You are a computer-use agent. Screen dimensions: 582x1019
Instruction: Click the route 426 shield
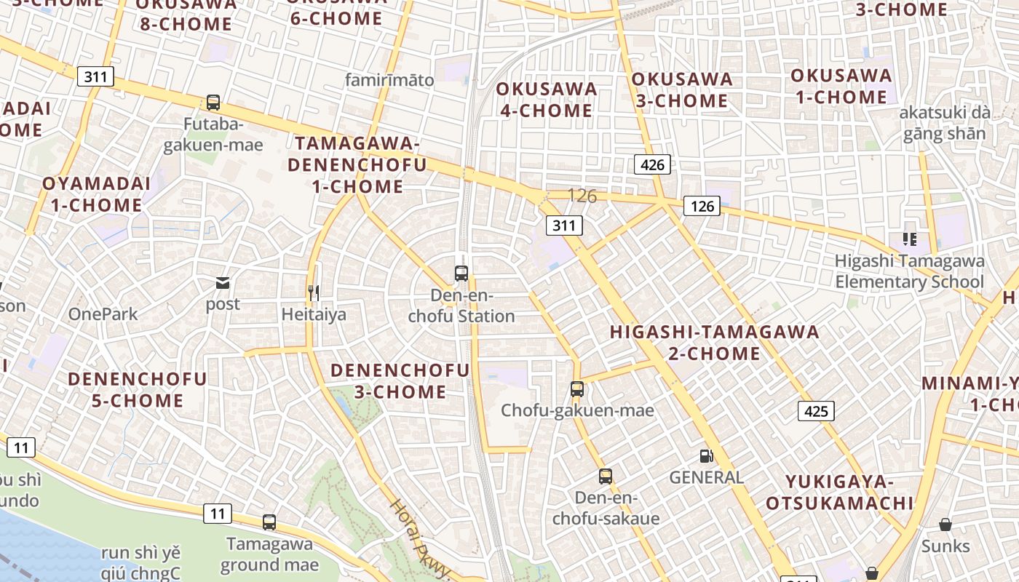coord(652,164)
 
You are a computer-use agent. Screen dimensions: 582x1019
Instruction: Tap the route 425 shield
coord(816,411)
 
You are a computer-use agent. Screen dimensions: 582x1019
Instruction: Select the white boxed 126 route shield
coord(702,207)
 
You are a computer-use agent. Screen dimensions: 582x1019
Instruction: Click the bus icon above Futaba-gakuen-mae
coord(213,103)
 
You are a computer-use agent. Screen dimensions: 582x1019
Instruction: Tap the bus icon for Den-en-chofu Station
coord(461,274)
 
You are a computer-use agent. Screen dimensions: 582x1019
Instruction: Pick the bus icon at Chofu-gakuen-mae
coord(577,388)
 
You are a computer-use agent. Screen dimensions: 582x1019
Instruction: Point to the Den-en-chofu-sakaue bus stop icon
coord(606,477)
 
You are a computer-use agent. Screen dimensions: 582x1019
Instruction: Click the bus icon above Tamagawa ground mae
coord(269,522)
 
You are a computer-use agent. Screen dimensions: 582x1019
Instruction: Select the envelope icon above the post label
coord(223,282)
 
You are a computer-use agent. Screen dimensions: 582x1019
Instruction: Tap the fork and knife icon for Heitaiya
coord(314,292)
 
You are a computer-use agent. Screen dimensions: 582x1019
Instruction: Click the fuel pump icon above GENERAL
coord(705,456)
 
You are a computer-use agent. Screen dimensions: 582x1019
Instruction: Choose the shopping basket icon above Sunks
coord(945,525)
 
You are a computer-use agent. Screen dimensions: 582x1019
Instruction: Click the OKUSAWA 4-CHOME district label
coord(547,100)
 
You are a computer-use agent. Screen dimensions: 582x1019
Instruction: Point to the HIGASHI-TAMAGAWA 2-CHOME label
coord(714,343)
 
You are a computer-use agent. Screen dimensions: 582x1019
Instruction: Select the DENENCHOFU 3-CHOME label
coord(400,380)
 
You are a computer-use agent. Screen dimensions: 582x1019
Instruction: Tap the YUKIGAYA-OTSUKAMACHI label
coord(839,492)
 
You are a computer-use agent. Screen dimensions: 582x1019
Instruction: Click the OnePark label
coord(103,314)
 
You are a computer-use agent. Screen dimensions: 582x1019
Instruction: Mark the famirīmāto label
coord(389,80)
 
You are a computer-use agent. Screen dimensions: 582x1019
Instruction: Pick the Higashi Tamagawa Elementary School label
coord(909,271)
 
